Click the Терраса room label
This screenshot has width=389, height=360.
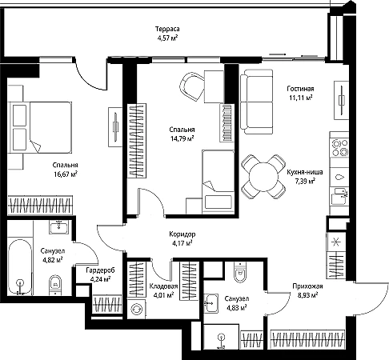pos(167,29)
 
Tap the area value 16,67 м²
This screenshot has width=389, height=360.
pos(66,174)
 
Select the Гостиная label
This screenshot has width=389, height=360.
pos(300,89)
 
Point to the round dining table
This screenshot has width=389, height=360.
pos(263,177)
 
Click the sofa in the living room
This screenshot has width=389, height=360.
pos(257,102)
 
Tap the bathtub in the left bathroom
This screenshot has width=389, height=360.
pos(19,267)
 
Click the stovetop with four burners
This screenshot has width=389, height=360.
pos(339,148)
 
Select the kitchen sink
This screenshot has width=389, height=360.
pos(339,195)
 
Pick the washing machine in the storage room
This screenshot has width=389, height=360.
pos(136,309)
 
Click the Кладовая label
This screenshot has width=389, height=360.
pos(163,286)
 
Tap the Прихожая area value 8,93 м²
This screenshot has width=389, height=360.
pos(307,295)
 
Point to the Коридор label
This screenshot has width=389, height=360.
pos(182,234)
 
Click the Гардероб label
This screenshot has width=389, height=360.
pos(100,270)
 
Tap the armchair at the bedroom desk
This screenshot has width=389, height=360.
pos(192,86)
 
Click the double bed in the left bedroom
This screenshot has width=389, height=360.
pos(41,127)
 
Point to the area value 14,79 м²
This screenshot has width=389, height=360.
pos(182,138)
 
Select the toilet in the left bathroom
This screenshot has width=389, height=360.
pos(55,286)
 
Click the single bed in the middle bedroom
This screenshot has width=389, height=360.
pos(218,182)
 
